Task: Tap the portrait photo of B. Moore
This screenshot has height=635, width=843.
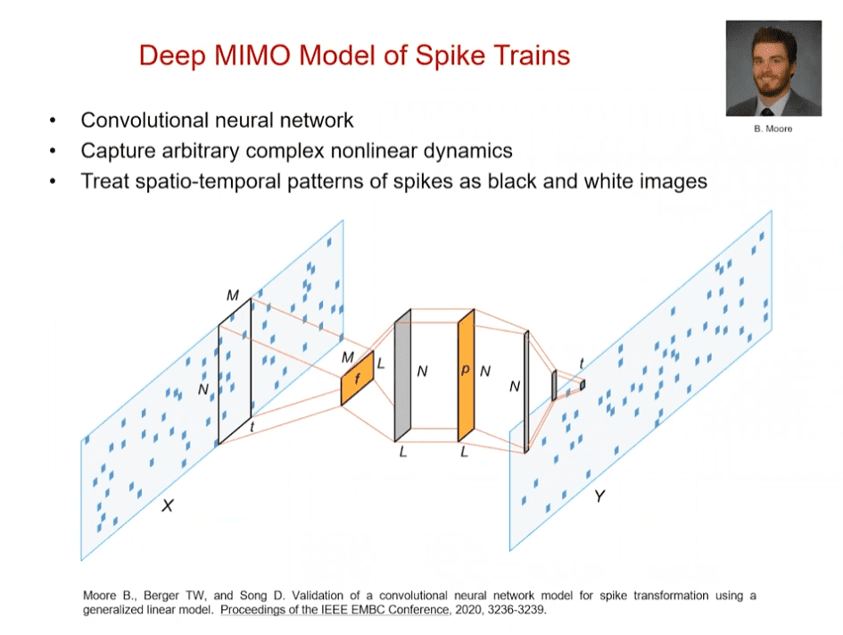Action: (x=773, y=69)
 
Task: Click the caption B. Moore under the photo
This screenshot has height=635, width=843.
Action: (x=773, y=129)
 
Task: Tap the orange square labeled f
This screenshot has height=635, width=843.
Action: (x=356, y=378)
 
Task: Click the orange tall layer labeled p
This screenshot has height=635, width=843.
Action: (x=465, y=375)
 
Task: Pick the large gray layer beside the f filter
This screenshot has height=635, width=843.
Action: (x=402, y=375)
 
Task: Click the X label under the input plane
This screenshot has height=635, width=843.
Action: (x=167, y=506)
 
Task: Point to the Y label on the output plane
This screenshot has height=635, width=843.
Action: (x=599, y=495)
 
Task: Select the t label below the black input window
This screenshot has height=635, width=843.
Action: (x=252, y=428)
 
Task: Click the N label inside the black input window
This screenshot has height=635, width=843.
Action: (x=202, y=389)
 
